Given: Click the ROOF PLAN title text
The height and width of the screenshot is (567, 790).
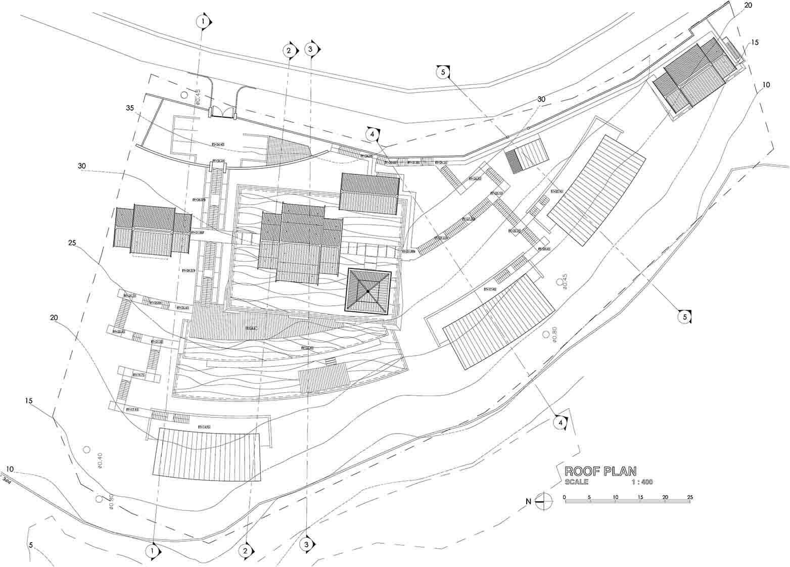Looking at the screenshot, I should click(600, 471).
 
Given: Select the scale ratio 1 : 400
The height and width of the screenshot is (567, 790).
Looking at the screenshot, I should click(642, 482).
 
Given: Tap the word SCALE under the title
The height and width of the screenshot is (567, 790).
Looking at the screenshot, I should click(576, 482).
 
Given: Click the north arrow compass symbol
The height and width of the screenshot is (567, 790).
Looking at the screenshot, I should click(543, 502).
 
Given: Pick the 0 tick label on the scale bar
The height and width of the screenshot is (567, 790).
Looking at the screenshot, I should click(564, 497).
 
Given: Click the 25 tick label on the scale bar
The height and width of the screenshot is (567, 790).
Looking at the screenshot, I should click(690, 497).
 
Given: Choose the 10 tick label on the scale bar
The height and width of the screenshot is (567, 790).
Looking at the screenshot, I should click(615, 497).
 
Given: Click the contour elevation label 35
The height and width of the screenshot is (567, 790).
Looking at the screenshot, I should click(130, 108).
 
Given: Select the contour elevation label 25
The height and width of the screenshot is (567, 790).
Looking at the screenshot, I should click(72, 243).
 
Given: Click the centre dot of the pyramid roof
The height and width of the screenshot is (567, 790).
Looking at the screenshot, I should click(368, 292).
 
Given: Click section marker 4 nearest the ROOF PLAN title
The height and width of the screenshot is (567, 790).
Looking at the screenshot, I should click(560, 422).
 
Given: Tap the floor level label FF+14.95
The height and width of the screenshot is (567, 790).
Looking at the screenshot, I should click(204, 427).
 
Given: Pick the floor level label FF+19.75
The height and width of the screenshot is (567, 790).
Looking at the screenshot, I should click(138, 375).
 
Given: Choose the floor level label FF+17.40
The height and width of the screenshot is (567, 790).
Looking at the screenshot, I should click(490, 289).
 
